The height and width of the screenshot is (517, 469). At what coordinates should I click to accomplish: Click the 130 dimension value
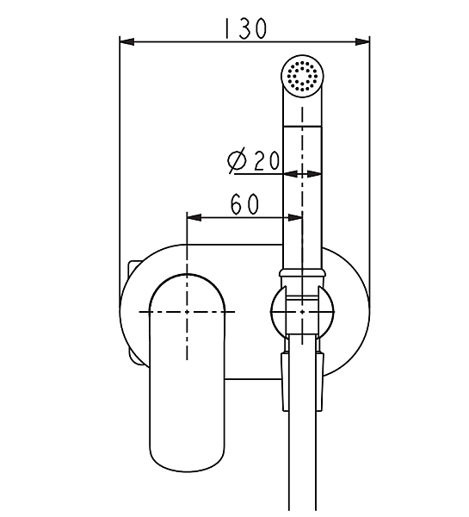pos(245,28)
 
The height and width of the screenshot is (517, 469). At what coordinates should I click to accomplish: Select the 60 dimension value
pos(244,203)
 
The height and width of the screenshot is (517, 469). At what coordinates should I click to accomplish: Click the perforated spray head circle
pos(302,76)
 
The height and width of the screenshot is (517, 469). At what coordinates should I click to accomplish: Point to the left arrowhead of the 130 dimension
pos(127,42)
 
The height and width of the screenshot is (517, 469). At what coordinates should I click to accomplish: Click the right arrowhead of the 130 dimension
pos(362,42)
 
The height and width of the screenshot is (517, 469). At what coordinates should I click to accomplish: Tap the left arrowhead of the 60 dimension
pos(194,218)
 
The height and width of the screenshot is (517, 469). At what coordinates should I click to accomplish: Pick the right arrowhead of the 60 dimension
pos(295,218)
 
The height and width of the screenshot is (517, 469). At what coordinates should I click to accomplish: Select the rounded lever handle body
pos(187,372)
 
